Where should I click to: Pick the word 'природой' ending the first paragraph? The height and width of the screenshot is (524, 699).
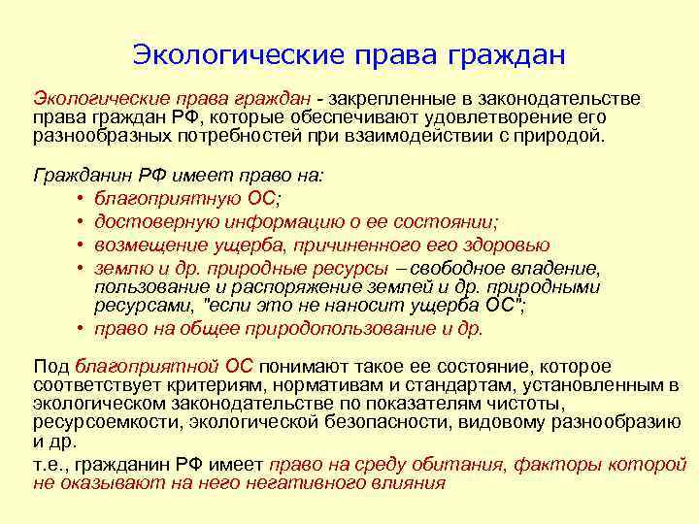click(562, 136)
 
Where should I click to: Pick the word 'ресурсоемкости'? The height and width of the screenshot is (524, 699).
click(103, 421)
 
